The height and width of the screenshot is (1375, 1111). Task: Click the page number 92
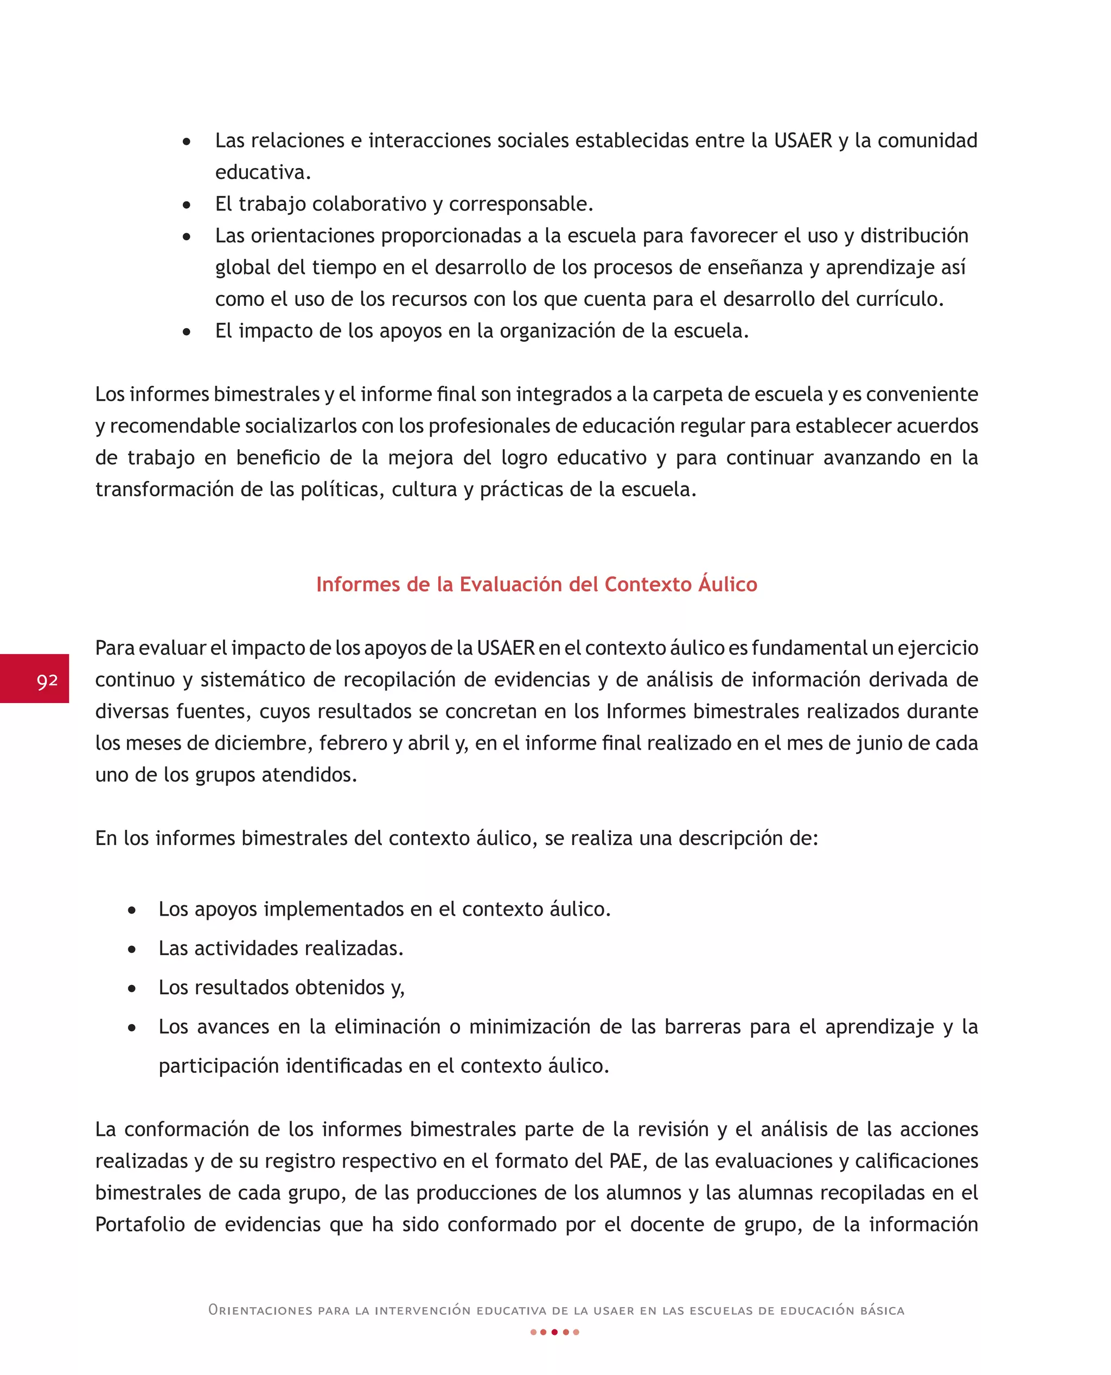pos(47,680)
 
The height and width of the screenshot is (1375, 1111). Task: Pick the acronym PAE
pos(625,1161)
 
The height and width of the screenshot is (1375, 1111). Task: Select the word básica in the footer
pos(882,1310)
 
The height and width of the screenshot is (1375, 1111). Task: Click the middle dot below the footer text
pos(555,1332)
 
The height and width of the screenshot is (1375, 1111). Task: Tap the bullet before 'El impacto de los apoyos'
pos(186,332)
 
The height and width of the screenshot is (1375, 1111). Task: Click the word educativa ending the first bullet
pos(262,172)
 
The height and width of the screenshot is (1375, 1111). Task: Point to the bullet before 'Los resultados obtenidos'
pos(132,989)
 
